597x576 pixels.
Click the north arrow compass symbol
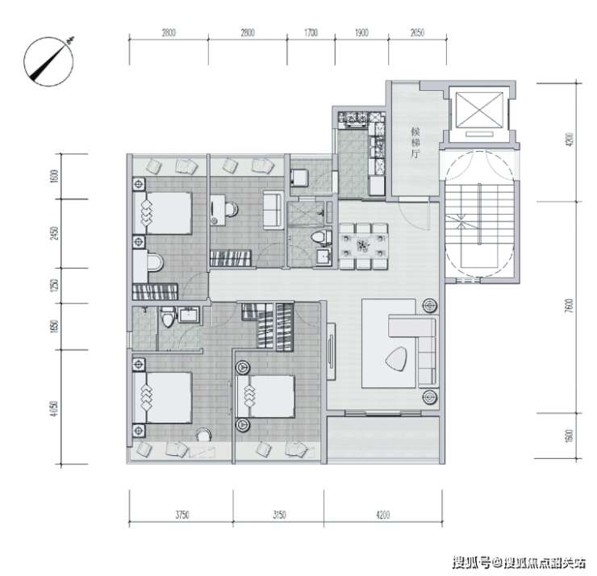click(x=48, y=61)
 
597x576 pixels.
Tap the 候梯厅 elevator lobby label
click(x=415, y=143)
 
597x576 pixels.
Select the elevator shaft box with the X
click(x=479, y=110)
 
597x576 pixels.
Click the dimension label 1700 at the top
click(x=311, y=33)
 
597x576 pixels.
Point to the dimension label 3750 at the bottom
click(x=182, y=515)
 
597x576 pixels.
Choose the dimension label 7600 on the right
click(x=570, y=306)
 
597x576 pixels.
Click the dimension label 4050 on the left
click(x=55, y=408)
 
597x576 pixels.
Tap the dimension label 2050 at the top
click(x=417, y=33)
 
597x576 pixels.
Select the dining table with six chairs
click(x=364, y=246)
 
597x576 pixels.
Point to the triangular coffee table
click(x=396, y=358)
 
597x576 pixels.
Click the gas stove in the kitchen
click(x=353, y=119)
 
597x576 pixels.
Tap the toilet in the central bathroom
click(x=319, y=237)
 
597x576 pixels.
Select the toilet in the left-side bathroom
click(x=167, y=318)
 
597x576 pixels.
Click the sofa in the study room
click(x=273, y=210)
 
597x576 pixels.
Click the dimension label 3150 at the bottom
click(x=279, y=515)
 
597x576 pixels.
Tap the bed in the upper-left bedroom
click(x=163, y=212)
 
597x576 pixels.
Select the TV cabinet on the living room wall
click(x=331, y=351)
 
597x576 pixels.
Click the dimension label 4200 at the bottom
click(x=382, y=515)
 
